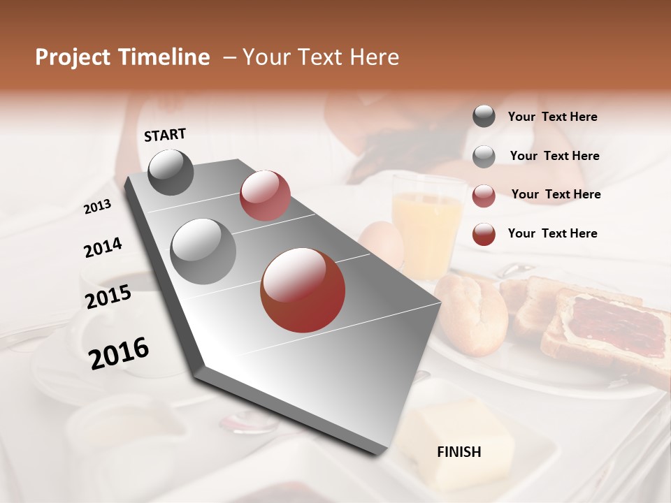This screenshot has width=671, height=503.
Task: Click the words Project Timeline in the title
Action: pyautogui.click(x=122, y=57)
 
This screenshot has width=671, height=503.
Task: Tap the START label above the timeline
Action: pyautogui.click(x=165, y=135)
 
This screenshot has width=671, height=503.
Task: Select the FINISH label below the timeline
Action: pyautogui.click(x=459, y=452)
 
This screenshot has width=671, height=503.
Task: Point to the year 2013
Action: pyautogui.click(x=97, y=207)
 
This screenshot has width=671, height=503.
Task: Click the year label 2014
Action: pyautogui.click(x=103, y=247)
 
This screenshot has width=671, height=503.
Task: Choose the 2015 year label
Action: pyautogui.click(x=108, y=296)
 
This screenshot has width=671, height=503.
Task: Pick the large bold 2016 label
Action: pyautogui.click(x=119, y=353)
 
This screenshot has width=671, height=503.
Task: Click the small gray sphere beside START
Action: pyautogui.click(x=171, y=172)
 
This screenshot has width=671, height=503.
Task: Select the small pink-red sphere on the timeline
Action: pyautogui.click(x=265, y=196)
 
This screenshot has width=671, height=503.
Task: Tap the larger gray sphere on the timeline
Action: pyautogui.click(x=203, y=251)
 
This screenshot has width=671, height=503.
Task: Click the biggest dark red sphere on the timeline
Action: pyautogui.click(x=303, y=290)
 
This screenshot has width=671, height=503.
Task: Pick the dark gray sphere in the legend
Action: pyautogui.click(x=484, y=116)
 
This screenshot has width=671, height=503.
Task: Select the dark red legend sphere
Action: pyautogui.click(x=484, y=234)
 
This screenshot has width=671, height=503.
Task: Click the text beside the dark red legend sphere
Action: pyautogui.click(x=552, y=233)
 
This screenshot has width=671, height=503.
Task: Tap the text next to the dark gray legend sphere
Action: pyautogui.click(x=552, y=117)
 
